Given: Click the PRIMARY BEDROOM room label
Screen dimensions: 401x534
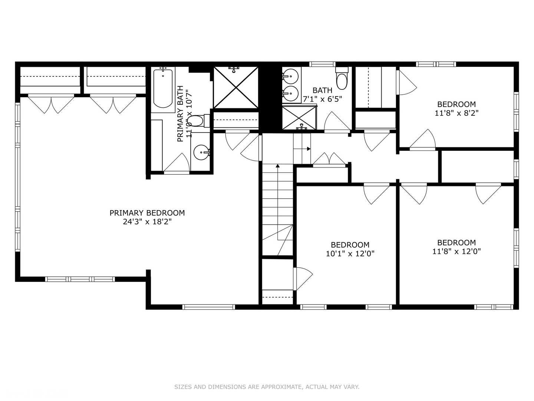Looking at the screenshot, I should tap(147, 213).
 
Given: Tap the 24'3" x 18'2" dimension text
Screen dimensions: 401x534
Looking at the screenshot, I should tap(147, 222).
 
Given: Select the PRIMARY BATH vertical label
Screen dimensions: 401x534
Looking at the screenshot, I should tap(180, 114).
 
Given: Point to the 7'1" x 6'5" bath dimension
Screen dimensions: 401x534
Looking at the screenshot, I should tap(322, 99).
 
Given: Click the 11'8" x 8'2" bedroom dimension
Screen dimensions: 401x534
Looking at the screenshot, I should tap(456, 113).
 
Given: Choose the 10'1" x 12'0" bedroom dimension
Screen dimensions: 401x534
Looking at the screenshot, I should tap(350, 254).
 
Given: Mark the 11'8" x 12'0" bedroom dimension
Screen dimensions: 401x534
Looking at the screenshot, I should tap(456, 251).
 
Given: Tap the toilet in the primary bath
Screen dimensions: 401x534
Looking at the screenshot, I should tap(197, 121).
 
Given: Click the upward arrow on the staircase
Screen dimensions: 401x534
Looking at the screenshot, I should tap(277, 166).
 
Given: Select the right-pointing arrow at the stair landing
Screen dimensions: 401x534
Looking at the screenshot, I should tap(308, 149).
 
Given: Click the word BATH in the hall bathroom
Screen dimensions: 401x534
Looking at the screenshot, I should tap(322, 90).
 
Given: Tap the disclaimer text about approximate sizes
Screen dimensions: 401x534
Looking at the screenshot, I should tap(267, 387).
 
